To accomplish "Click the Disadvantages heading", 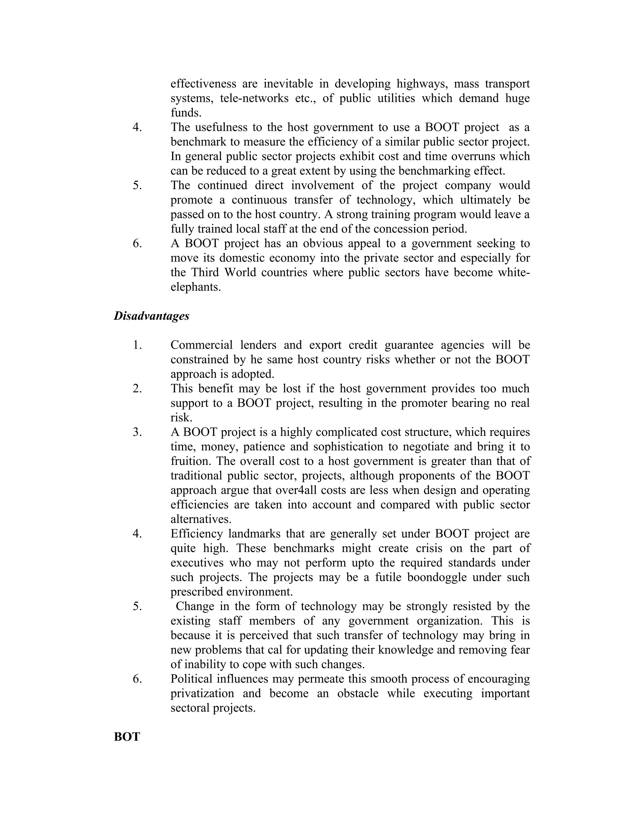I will click(x=152, y=316).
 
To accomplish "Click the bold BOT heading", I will click(x=127, y=736).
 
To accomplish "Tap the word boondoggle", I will click(x=437, y=577).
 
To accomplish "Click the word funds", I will click(x=186, y=113).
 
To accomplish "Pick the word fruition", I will click(x=189, y=461).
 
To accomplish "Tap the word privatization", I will click(x=202, y=693).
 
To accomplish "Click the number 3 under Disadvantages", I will click(x=137, y=432).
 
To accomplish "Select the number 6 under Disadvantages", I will click(x=137, y=679).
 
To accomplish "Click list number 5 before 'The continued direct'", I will click(x=137, y=185).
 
